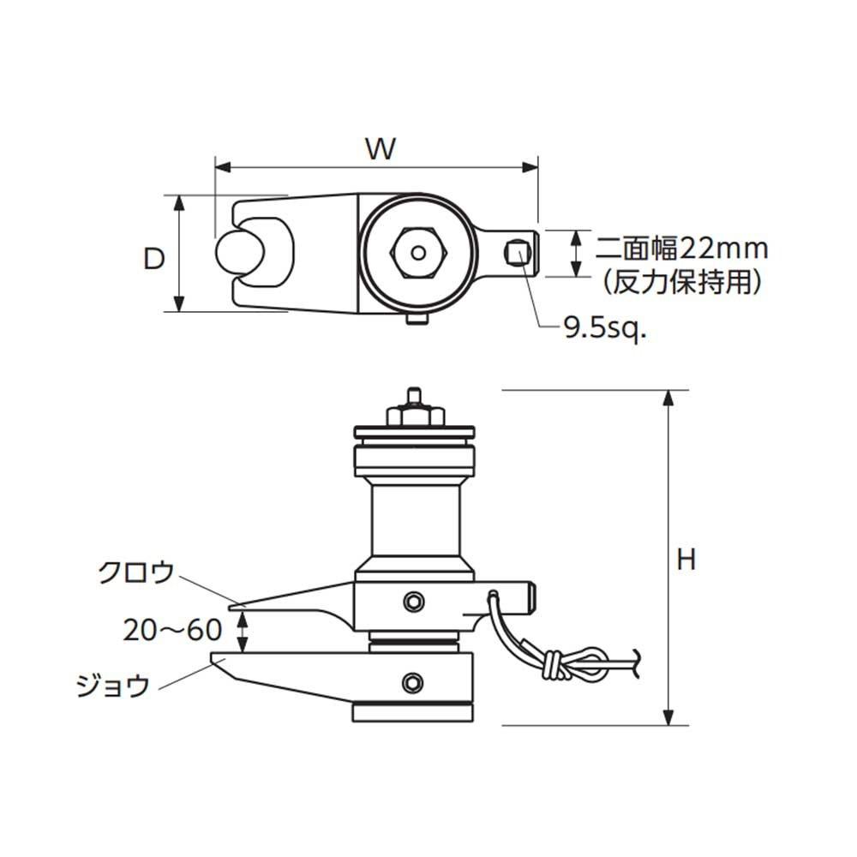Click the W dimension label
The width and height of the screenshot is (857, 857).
(381, 149)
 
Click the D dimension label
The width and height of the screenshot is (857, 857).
(153, 260)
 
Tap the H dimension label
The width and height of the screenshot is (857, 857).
(686, 560)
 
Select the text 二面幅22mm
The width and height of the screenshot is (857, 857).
(682, 249)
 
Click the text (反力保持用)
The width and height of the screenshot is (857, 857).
(681, 280)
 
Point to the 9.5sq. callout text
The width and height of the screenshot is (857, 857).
(603, 329)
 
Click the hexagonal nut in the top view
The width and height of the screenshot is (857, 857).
(418, 253)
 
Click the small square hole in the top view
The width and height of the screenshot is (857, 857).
(516, 253)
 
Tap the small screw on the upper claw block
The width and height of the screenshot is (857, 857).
(416, 602)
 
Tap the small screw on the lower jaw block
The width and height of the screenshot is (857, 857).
(416, 682)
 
